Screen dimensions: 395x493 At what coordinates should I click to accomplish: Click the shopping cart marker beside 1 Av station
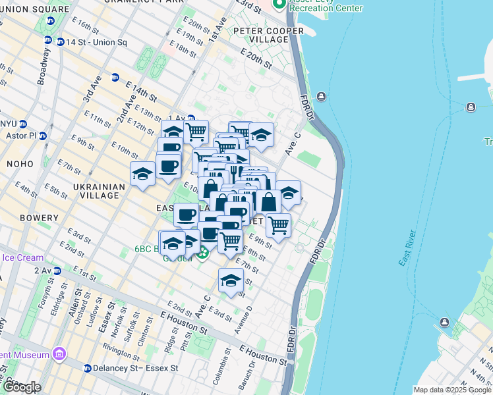[x=196, y=132]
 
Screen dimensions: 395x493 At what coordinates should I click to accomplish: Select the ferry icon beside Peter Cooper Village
[x=321, y=97]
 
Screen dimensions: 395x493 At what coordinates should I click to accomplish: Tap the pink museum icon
[x=61, y=355]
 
